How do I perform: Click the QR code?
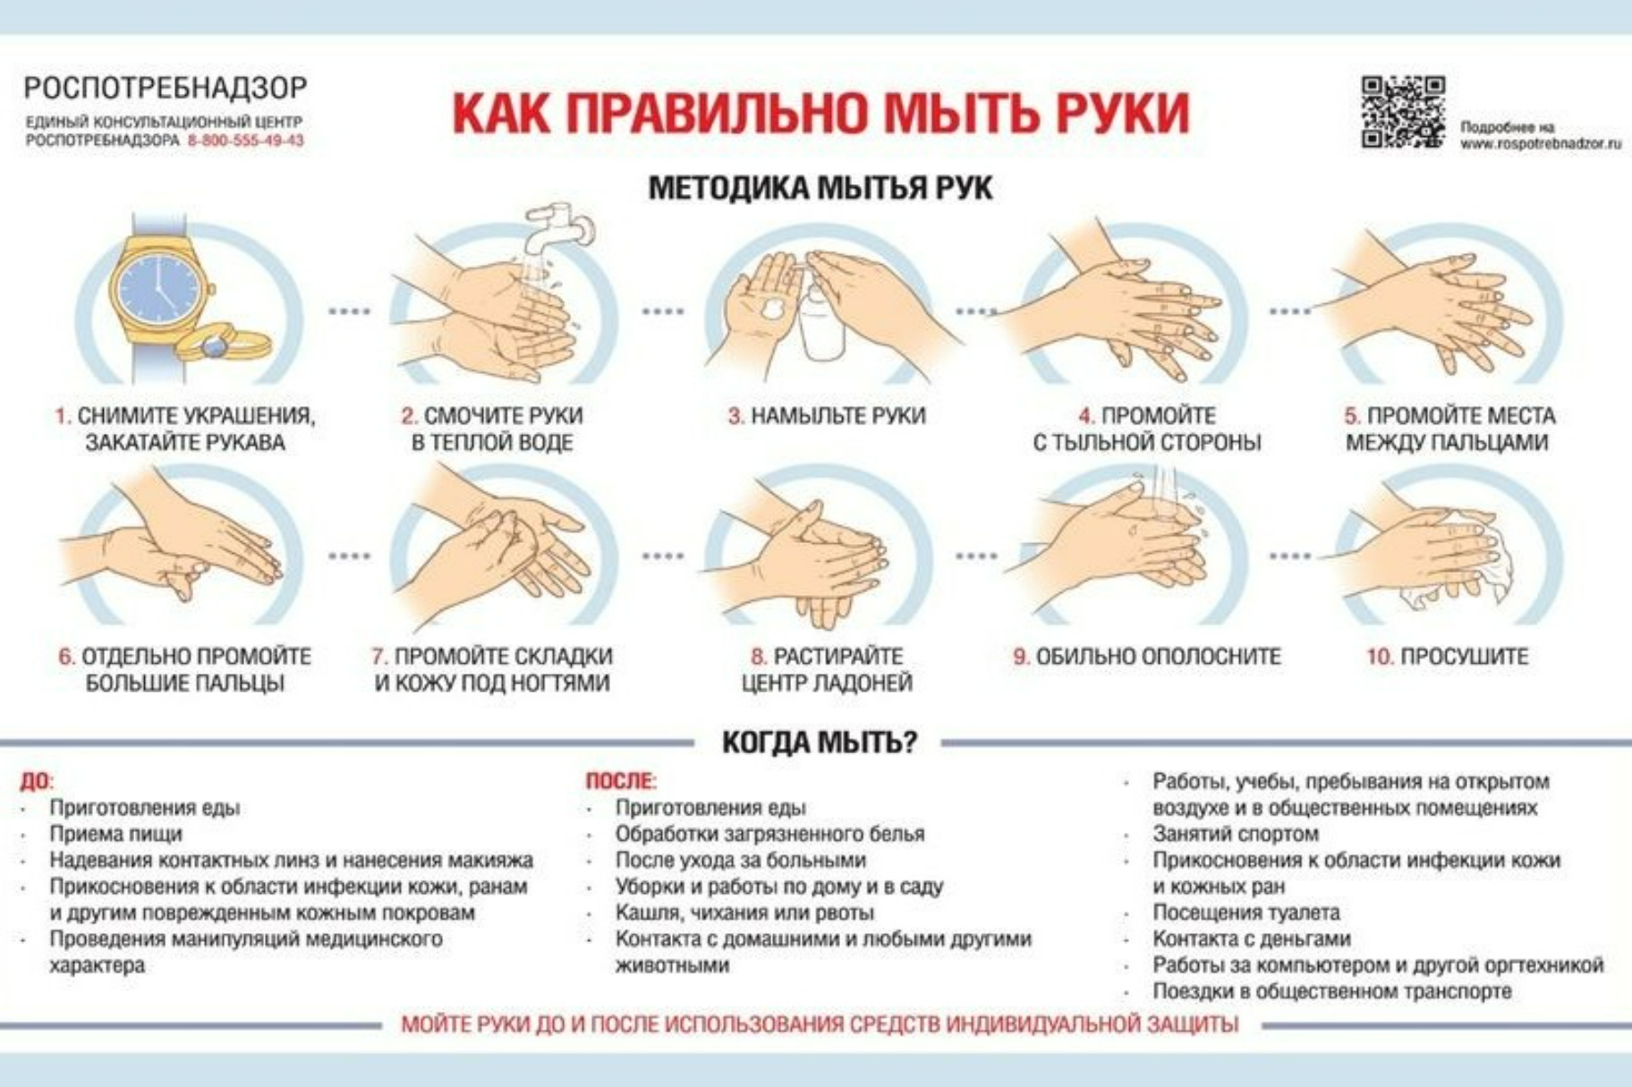1403,111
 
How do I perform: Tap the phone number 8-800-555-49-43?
245,140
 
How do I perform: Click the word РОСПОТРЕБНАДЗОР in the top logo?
166,88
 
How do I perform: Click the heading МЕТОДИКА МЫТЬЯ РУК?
820,188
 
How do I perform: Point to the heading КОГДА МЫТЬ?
820,742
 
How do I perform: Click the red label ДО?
37,781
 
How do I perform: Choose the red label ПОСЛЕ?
621,781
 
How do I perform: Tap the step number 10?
1379,657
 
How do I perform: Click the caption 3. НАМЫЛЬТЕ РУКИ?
827,416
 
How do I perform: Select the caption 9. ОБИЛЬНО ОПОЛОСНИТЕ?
1146,657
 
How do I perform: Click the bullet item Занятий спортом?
1235,834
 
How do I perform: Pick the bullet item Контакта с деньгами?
1251,938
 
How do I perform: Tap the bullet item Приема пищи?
115,834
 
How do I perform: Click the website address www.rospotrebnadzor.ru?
1541,143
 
